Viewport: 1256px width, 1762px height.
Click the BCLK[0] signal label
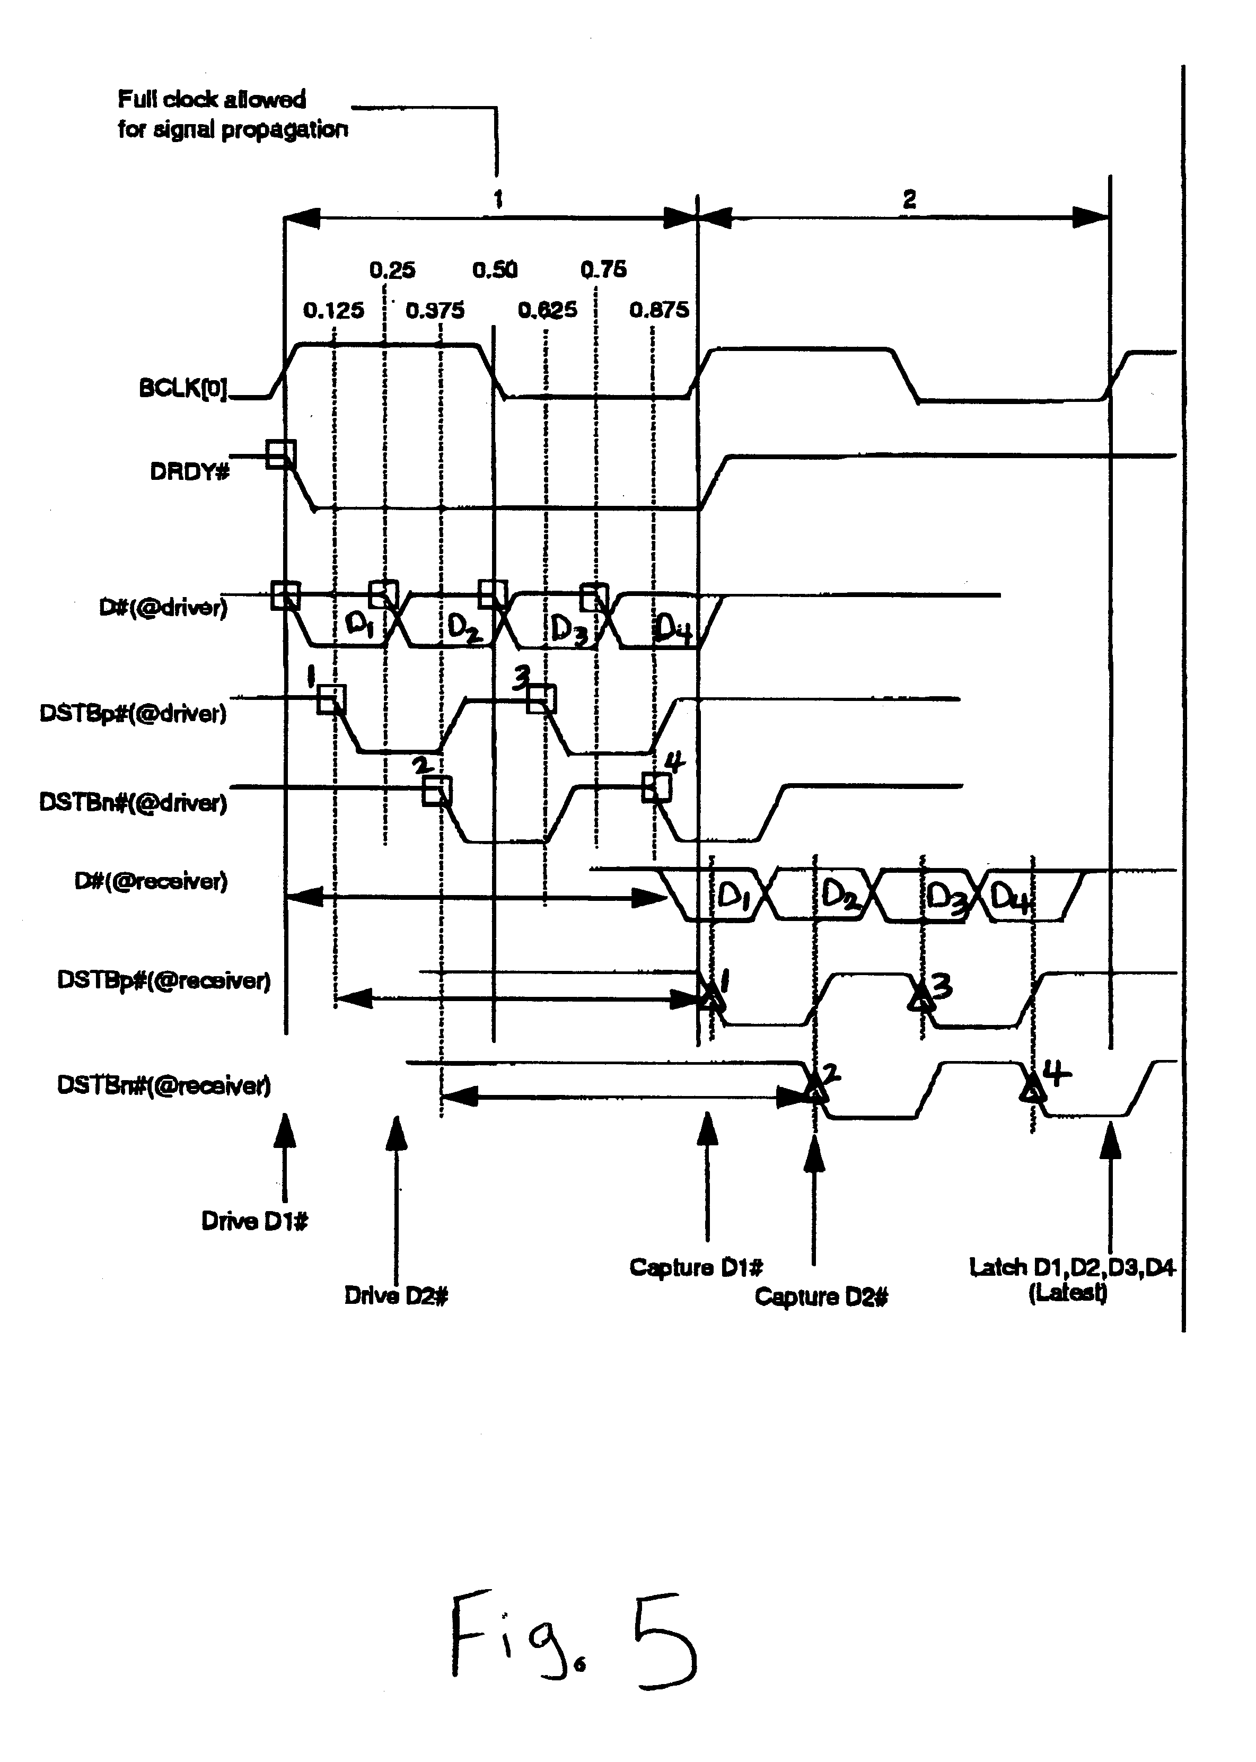coord(182,388)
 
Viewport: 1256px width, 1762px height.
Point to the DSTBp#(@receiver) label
coord(164,981)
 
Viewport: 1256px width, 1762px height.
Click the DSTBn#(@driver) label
coord(133,803)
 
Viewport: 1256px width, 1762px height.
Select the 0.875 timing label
coord(659,310)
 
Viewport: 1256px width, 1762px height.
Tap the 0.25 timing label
coord(392,270)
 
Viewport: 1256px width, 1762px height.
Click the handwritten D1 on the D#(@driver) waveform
coord(359,624)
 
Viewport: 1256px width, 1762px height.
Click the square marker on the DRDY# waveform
coord(280,453)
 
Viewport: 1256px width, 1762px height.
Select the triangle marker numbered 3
coord(921,998)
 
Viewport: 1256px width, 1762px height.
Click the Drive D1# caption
coord(254,1221)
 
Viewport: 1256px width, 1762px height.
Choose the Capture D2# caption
coord(821,1297)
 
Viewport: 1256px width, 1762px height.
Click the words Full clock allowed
coord(211,99)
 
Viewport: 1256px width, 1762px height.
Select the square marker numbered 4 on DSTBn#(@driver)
coord(656,788)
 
